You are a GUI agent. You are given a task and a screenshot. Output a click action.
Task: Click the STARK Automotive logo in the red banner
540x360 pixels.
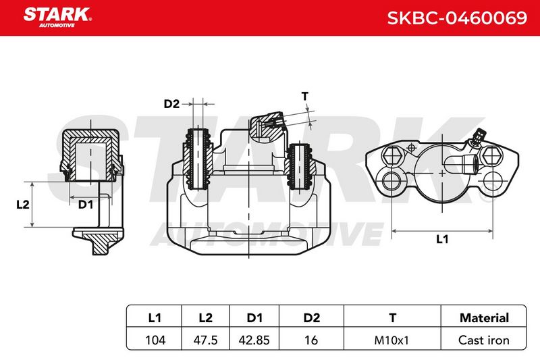click(57, 18)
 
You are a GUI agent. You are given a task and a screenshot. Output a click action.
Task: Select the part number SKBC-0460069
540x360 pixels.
click(457, 18)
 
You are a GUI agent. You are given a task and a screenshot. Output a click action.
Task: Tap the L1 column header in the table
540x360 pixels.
click(155, 317)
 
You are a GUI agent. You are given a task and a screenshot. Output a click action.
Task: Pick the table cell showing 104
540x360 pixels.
click(155, 340)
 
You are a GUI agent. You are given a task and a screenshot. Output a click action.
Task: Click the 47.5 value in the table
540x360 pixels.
click(205, 340)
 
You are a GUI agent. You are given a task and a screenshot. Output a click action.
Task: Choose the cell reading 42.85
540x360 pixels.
click(254, 340)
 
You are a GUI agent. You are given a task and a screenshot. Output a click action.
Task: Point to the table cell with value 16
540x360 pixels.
click(311, 340)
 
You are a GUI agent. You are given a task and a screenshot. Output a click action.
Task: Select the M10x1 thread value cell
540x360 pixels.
click(391, 340)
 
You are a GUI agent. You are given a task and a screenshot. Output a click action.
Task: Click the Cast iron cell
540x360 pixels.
click(483, 340)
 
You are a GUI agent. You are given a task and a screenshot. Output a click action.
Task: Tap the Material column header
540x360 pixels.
click(484, 317)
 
